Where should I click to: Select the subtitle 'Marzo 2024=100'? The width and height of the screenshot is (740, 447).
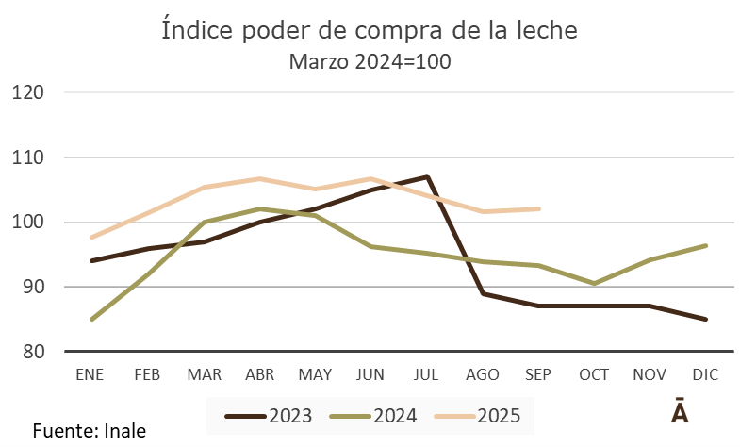pyautogui.click(x=370, y=62)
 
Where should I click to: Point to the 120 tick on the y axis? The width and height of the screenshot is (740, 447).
pyautogui.click(x=30, y=92)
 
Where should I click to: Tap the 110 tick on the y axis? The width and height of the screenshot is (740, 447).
pyautogui.click(x=30, y=157)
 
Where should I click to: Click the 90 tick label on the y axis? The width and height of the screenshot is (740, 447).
pyautogui.click(x=34, y=287)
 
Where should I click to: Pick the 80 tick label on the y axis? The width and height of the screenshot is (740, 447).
pyautogui.click(x=34, y=352)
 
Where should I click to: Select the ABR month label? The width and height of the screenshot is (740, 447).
pyautogui.click(x=259, y=374)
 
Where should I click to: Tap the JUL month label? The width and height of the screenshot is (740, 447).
pyautogui.click(x=427, y=374)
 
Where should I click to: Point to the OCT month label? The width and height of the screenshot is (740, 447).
pyautogui.click(x=594, y=374)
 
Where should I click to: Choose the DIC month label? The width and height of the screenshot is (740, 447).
pyautogui.click(x=706, y=374)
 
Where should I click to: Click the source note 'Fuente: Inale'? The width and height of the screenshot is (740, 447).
pyautogui.click(x=90, y=431)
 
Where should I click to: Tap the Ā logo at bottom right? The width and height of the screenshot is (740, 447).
pyautogui.click(x=679, y=414)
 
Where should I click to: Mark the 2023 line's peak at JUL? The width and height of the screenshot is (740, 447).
pyautogui.click(x=427, y=177)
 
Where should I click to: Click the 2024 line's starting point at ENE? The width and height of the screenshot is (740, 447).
pyautogui.click(x=91, y=319)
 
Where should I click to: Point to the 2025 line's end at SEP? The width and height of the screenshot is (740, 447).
pyautogui.click(x=538, y=208)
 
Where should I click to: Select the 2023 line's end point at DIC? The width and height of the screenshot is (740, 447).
pyautogui.click(x=706, y=319)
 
